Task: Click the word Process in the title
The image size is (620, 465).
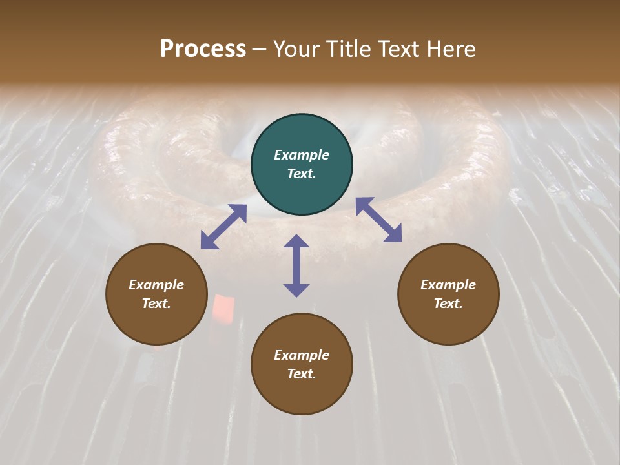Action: point(203,49)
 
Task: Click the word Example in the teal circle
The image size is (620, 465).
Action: point(302,155)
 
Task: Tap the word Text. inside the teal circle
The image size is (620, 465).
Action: point(302,174)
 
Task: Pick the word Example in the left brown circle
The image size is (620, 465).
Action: point(156,285)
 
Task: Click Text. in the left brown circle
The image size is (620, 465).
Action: point(156,304)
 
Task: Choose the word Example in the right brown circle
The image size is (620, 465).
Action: point(448,285)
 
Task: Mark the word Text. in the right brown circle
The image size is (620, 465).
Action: point(448,304)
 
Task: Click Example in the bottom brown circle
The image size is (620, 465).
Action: point(302,355)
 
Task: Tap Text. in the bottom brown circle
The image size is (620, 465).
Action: point(302,374)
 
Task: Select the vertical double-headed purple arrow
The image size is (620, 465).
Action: point(296,265)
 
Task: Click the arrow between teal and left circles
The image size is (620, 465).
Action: point(223,227)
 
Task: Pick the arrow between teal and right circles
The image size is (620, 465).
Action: point(378,220)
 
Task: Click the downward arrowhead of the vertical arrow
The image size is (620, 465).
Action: point(296,290)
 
